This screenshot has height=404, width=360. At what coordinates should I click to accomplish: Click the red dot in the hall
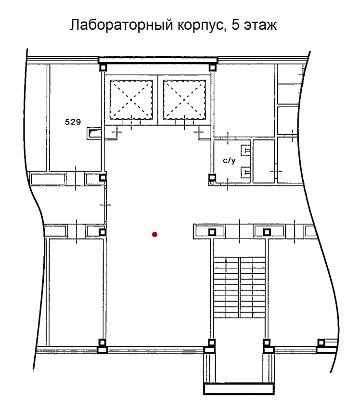pos(154,235)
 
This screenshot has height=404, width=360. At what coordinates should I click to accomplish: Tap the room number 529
pos(73,122)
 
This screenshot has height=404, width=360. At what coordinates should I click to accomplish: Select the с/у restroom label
pos(229,161)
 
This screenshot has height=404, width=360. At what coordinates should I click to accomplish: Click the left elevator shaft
pos(131,100)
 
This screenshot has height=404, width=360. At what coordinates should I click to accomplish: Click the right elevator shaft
pos(184,100)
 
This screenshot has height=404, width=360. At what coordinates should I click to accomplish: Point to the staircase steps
pos(240,287)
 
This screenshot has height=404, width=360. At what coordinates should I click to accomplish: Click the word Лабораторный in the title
pos(121,25)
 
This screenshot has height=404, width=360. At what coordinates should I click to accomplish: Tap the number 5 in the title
pos(235,25)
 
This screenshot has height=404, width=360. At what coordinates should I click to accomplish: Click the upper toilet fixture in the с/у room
pos(245,150)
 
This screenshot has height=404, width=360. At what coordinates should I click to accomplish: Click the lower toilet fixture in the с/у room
pos(245,172)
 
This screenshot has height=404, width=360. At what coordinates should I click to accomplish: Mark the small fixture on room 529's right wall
pos(94,133)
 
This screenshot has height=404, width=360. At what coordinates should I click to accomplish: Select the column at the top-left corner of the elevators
pos(103,68)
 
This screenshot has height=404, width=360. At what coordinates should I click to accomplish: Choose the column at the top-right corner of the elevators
pos(212,68)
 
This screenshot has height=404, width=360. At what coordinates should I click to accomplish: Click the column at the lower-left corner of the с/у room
pos(212,177)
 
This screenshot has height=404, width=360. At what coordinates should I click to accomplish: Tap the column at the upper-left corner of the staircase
pos(212,232)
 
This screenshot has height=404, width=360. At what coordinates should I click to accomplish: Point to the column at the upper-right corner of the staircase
pos(267,232)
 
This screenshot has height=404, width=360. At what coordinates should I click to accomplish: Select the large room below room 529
pos(76,292)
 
